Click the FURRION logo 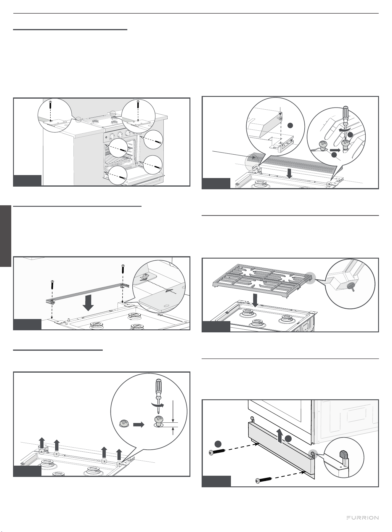(x=363, y=517)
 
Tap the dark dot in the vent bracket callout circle (x=290, y=125)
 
